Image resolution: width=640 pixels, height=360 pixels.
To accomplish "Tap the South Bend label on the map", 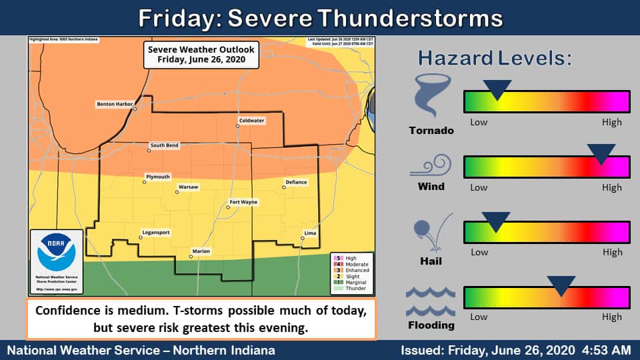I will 163,145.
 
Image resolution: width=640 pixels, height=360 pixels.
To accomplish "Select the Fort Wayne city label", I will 243,201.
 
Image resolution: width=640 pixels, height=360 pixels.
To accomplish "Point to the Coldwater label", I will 251,121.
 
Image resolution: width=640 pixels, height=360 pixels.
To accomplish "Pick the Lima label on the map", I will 310,233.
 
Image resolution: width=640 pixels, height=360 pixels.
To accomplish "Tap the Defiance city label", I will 296,182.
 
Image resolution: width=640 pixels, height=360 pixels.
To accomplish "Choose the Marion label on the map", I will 201,251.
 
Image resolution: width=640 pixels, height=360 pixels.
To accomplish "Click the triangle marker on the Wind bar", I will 601,153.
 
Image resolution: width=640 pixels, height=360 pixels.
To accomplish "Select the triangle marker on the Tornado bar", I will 497,89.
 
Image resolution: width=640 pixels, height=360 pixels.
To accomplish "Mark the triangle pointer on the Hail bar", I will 496,221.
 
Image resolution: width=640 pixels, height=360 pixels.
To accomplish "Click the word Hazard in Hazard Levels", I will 455,58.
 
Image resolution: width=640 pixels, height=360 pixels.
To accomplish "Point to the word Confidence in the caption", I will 66,311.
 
